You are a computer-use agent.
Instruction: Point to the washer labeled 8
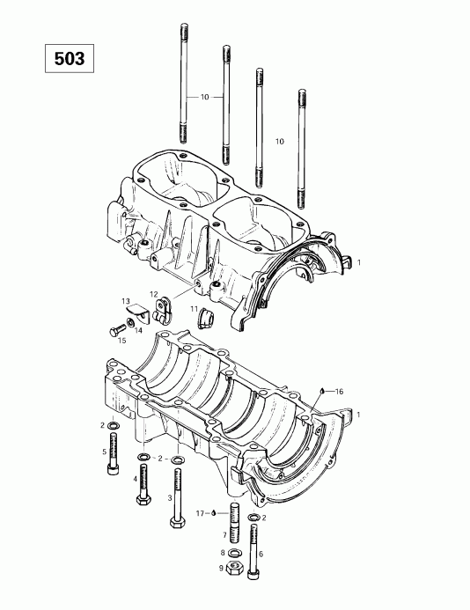tap(234, 552)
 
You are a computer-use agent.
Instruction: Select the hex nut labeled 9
tap(234, 568)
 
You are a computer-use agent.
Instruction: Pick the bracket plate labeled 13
tap(136, 309)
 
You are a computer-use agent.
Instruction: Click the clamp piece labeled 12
tap(161, 307)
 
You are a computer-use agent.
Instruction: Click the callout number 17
tap(200, 512)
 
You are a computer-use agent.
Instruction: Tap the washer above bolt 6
tap(254, 517)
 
